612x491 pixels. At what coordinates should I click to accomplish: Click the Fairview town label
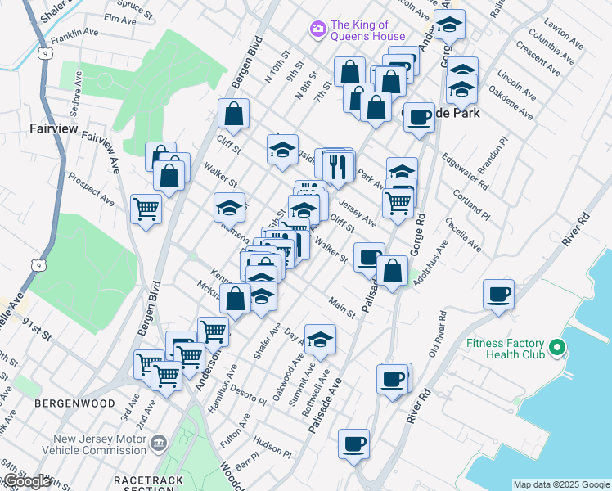point(52,128)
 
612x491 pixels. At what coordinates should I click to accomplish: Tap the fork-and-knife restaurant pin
point(336,166)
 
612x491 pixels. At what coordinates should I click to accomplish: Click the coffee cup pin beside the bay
point(497,294)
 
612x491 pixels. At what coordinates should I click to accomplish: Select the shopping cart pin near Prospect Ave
point(146,209)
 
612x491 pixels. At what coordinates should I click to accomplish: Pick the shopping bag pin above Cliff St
point(233,115)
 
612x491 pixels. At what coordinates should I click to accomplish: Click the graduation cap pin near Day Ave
point(320,339)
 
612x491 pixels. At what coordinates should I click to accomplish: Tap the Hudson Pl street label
point(267,445)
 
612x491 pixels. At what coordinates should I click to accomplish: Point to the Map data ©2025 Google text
point(561,484)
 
